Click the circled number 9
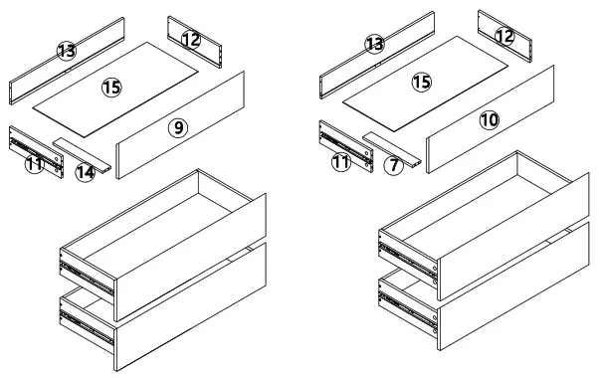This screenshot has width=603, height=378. (177, 127)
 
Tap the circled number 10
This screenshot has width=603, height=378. (489, 119)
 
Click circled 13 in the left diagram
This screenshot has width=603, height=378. (67, 51)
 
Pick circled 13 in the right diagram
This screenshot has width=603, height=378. (375, 44)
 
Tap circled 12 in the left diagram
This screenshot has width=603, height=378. (191, 39)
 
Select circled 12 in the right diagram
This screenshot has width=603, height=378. (504, 35)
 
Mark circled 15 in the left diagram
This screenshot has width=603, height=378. (111, 89)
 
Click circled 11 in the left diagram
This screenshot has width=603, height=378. (34, 164)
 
